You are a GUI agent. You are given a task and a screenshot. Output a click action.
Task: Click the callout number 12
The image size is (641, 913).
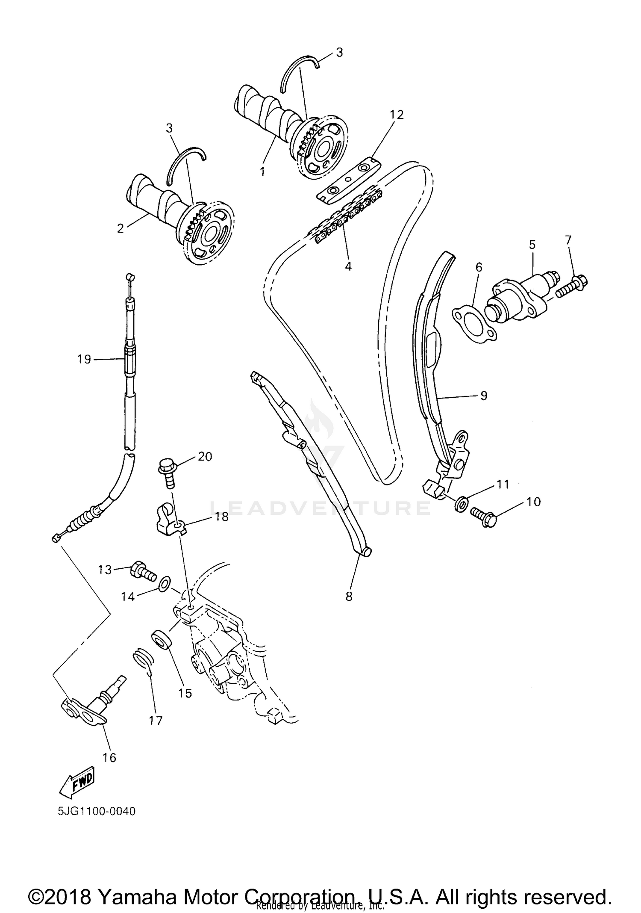(396, 115)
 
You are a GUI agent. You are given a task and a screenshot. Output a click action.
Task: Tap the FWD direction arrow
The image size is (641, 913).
(77, 782)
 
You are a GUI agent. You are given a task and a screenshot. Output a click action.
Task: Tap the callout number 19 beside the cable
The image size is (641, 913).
(84, 359)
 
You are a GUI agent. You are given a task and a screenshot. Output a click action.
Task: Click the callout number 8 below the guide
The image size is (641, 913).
(349, 596)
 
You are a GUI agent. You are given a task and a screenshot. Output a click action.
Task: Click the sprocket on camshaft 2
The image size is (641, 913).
(209, 233)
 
